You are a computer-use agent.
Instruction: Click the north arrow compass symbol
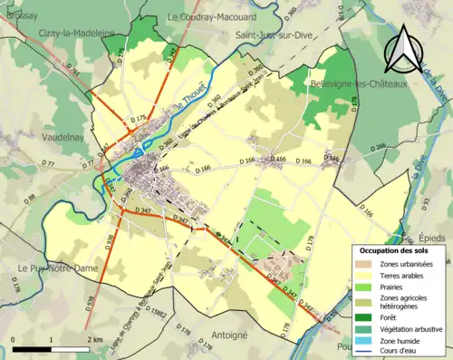(x=403, y=49)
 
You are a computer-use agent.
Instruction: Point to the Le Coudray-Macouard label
(x=207, y=16)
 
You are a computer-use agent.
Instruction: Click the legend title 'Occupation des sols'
(x=396, y=250)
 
